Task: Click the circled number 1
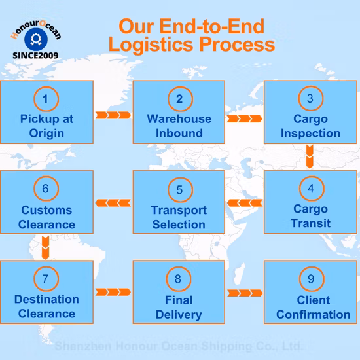point(46,99)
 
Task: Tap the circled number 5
point(180,190)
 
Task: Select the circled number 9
point(312,279)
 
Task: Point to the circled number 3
point(311,98)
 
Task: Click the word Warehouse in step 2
point(179,119)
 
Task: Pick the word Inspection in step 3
point(310,134)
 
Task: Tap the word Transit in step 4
point(311,223)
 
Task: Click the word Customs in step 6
point(46,210)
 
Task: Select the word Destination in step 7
point(46,299)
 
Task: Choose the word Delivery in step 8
point(179,315)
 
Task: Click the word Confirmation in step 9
point(313,315)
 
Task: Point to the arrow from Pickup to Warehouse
point(113,115)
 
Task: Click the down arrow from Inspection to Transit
point(310,156)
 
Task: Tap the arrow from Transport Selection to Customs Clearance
point(113,203)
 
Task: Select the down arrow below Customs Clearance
point(45,247)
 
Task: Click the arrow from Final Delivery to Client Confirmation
point(245,293)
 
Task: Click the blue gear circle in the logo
point(36,39)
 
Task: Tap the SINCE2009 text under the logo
point(35,56)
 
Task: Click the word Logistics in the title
point(151,45)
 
